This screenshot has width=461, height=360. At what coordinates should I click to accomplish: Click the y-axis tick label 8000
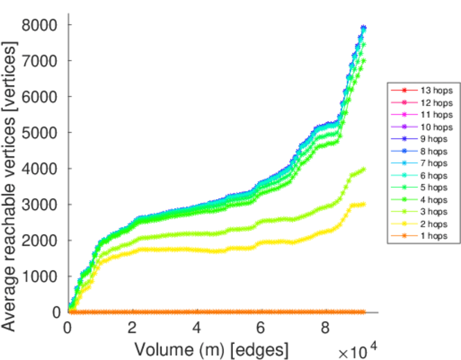(x=40, y=25)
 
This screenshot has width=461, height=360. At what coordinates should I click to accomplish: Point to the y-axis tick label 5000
(x=40, y=133)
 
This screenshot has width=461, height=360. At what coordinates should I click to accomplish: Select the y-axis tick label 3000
(x=40, y=205)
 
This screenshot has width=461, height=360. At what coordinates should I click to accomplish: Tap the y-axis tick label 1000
(x=40, y=277)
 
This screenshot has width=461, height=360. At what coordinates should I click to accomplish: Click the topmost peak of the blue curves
(x=363, y=28)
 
